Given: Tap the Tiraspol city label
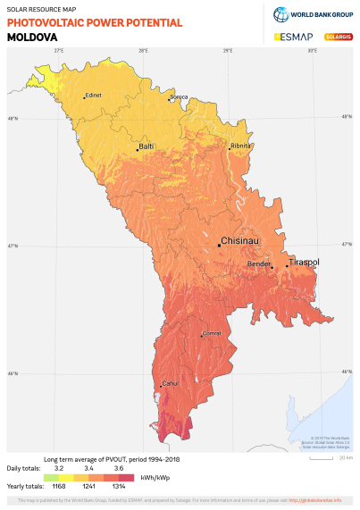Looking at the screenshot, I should point(305,263).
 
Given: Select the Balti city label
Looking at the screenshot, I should point(147,146).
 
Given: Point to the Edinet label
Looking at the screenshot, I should point(94,96).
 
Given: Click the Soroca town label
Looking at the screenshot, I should point(180,96).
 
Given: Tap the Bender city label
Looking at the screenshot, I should point(258,264).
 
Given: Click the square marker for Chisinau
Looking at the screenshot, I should point(219,245).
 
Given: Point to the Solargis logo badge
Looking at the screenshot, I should point(336,38).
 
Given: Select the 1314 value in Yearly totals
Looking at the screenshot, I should point(118,486).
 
